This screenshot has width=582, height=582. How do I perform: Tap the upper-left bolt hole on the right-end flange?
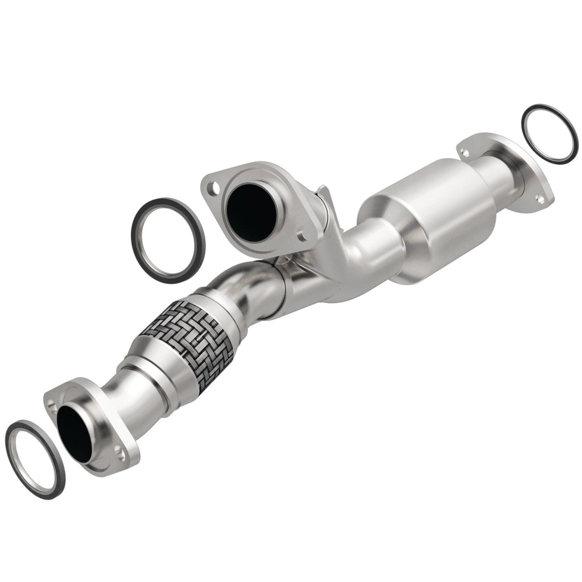point(466,152)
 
